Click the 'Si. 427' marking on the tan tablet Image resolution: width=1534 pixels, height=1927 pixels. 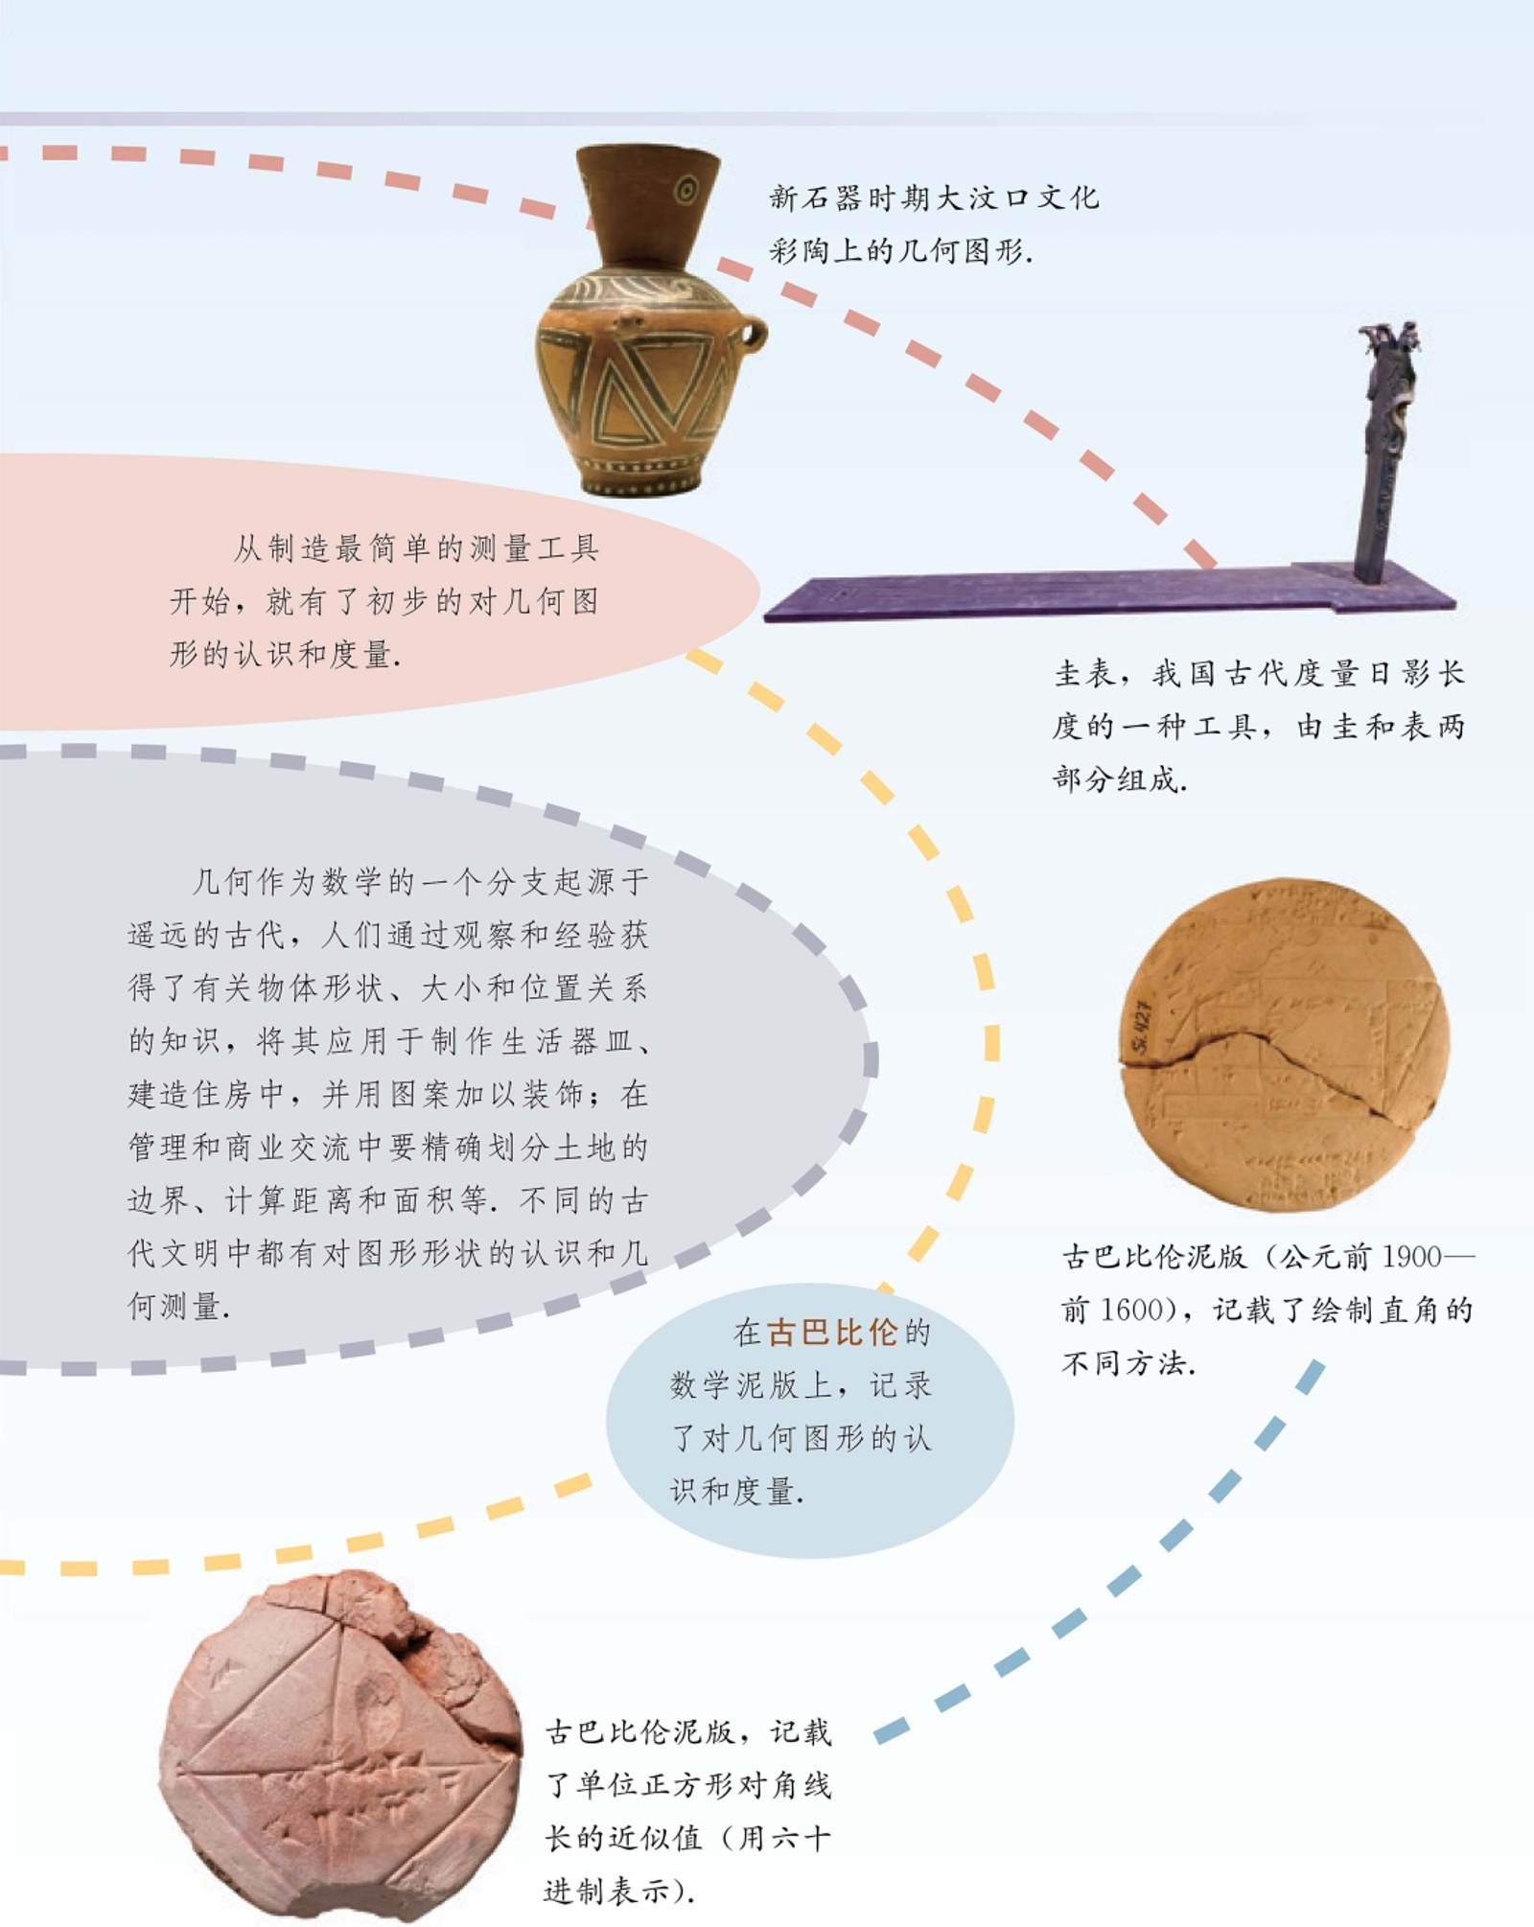[x=1143, y=1026]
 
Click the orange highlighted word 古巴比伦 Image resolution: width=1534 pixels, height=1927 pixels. [x=832, y=1333]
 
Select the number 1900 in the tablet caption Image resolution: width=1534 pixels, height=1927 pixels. [x=1413, y=1257]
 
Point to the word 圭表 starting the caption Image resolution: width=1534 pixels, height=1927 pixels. [x=1087, y=674]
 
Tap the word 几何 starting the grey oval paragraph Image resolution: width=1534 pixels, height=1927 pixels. [x=223, y=882]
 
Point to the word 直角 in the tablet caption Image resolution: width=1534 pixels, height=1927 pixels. [x=1413, y=1310]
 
